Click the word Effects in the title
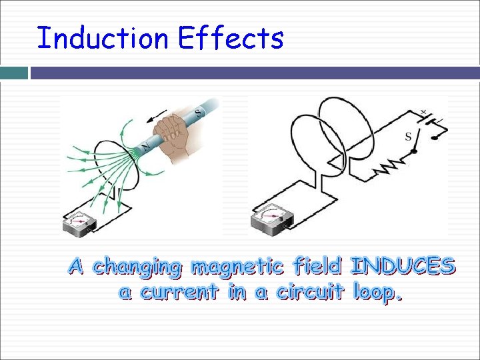[231, 38]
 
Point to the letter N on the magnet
[146, 146]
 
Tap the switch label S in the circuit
[407, 137]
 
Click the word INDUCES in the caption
[403, 267]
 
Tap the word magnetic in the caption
[237, 268]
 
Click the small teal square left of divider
[14, 72]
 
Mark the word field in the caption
[317, 267]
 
